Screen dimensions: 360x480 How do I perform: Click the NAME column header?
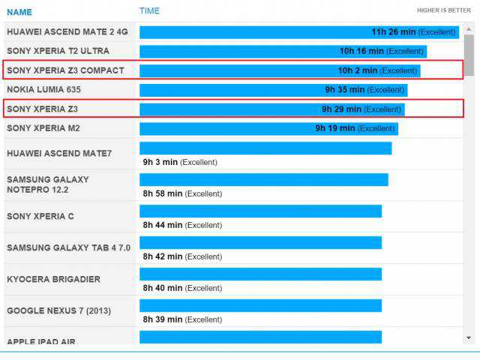(x=19, y=12)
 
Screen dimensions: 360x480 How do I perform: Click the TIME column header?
(x=149, y=10)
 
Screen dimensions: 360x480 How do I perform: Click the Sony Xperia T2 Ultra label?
(x=58, y=51)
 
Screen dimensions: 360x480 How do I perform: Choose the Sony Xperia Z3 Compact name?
(x=65, y=70)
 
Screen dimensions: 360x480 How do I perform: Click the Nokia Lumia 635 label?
(x=54, y=89)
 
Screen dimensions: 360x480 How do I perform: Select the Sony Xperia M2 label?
(x=53, y=128)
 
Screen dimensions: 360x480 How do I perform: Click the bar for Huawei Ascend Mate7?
(x=265, y=148)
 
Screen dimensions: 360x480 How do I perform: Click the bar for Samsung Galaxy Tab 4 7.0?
(x=260, y=243)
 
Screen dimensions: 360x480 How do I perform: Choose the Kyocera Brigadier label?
(x=53, y=279)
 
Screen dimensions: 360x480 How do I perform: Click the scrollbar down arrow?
(x=469, y=337)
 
